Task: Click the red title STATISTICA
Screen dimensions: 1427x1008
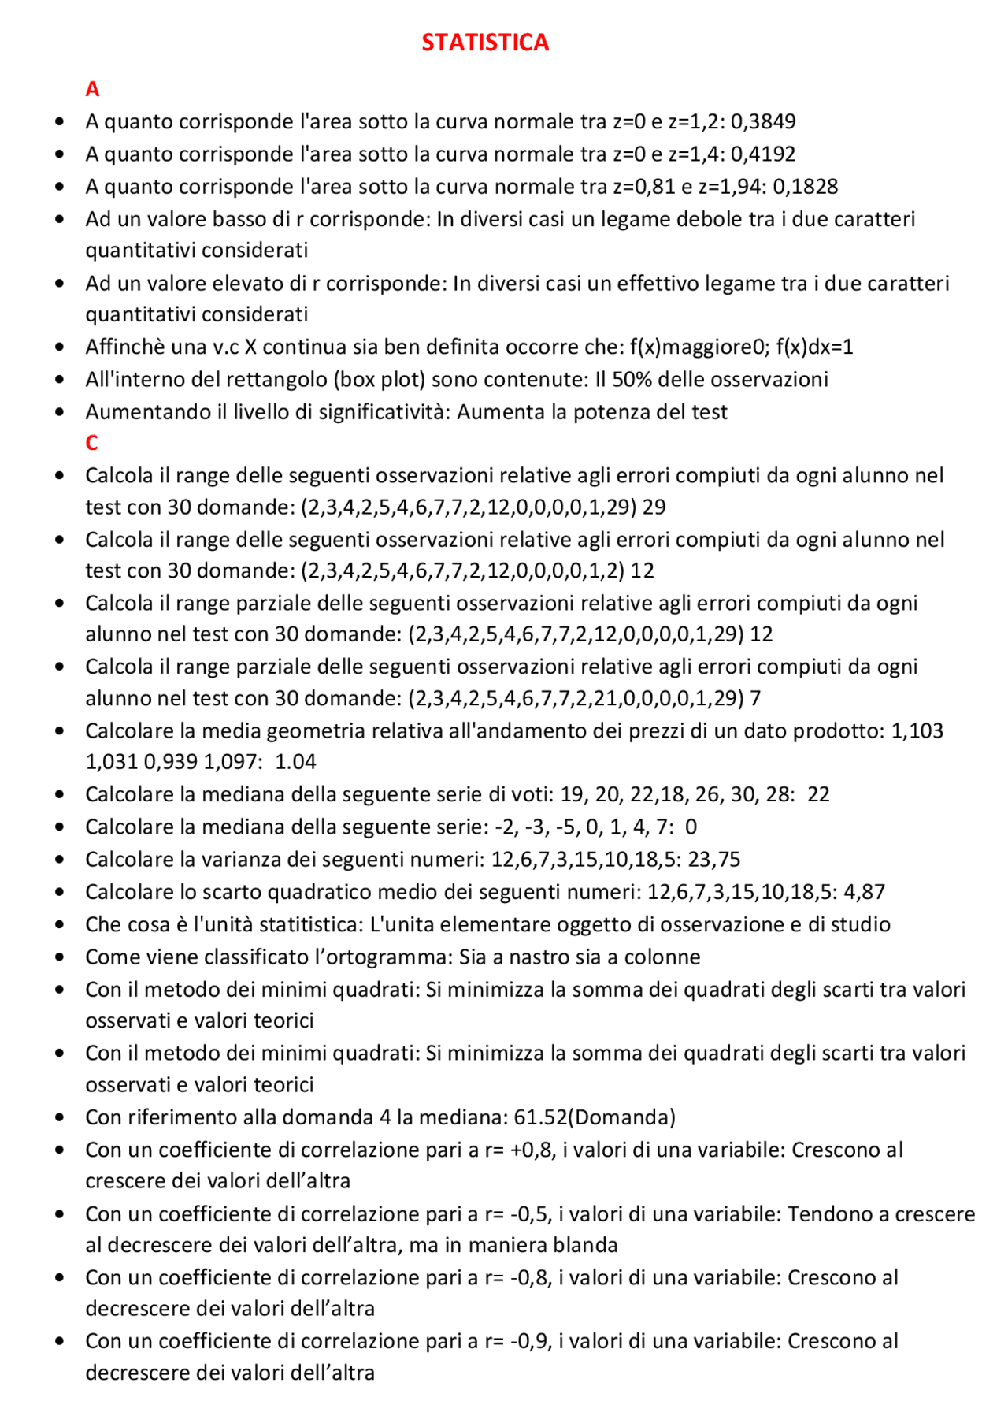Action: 485,43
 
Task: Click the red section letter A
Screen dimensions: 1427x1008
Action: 92,89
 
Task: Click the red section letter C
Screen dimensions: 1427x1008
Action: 92,443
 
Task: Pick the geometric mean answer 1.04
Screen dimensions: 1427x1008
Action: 295,762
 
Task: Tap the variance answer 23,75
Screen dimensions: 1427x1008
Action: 713,860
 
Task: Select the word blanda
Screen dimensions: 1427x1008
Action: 584,1246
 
